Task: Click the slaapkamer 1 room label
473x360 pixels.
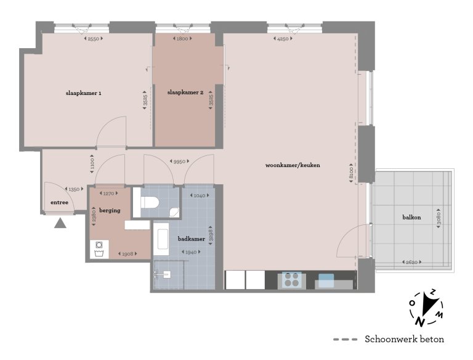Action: click(x=83, y=93)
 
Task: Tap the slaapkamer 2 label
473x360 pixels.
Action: click(x=185, y=92)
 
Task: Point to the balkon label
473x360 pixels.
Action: click(x=412, y=217)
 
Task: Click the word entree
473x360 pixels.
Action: click(x=59, y=202)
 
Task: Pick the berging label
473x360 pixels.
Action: click(x=109, y=210)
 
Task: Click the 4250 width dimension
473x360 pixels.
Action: click(x=283, y=39)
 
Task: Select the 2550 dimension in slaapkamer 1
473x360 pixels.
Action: click(x=93, y=39)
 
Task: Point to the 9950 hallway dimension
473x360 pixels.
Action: click(x=180, y=162)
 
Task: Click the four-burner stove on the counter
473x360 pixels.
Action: click(x=291, y=280)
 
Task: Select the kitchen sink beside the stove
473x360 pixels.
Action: click(x=326, y=281)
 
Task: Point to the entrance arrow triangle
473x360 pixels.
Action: click(x=60, y=223)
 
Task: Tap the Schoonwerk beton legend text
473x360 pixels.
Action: click(x=404, y=339)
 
